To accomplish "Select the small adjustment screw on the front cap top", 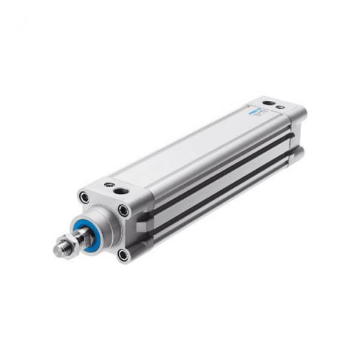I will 109,185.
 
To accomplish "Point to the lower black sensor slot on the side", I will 222,192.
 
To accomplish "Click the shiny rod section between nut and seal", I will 76,235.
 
